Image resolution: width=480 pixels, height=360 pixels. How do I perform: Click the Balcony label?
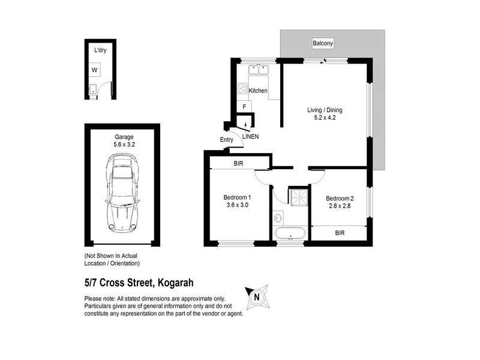point(323,43)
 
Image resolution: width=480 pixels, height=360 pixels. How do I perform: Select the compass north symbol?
point(256,296)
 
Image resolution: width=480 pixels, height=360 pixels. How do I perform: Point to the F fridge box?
point(244,107)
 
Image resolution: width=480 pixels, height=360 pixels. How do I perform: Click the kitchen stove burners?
point(242,89)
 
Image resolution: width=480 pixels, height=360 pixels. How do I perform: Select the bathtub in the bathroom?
point(290,233)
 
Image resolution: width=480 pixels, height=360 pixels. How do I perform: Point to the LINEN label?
point(251,137)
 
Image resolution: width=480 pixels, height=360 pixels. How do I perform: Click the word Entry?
point(227,140)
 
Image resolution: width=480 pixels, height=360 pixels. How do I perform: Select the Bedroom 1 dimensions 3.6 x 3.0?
point(237,205)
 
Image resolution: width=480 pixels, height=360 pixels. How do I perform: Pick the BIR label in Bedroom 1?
point(237,163)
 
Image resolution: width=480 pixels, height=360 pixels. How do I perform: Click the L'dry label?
point(100,51)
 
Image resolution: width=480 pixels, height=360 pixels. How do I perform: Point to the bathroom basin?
point(277,215)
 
